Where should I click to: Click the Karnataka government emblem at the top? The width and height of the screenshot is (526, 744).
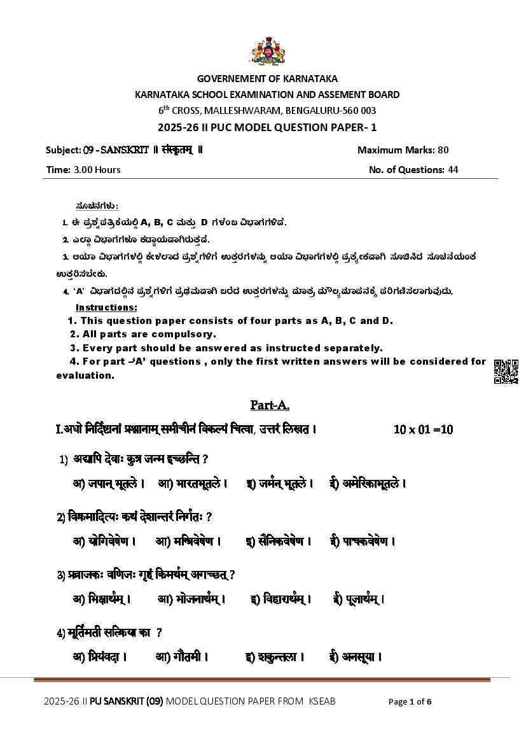266,52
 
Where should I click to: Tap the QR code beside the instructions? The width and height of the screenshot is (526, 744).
506,372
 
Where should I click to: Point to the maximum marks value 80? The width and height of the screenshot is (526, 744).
443,150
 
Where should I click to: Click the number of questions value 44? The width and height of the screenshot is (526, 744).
452,169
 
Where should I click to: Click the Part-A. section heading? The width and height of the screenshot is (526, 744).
270,405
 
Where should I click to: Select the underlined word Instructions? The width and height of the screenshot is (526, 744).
106,307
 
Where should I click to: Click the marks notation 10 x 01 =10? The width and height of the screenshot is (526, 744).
423,430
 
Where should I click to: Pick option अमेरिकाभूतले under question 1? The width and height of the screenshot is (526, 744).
373,484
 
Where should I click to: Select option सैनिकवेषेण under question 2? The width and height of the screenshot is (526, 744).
285,542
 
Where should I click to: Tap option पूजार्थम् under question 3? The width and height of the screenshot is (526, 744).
364,599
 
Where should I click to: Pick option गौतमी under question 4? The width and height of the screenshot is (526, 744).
188,657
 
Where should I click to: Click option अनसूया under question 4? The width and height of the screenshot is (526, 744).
361,657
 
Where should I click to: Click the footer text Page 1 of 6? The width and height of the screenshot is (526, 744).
410,702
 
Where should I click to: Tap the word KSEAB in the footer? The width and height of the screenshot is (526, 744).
322,701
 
